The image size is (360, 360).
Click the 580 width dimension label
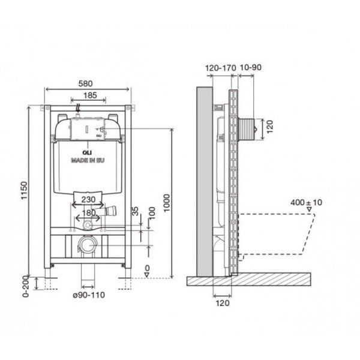tap(85, 83)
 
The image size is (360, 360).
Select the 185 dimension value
tap(90, 95)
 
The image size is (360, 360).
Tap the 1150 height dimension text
tap(24, 191)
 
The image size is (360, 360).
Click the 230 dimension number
tap(88, 199)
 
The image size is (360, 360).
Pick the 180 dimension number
tap(89, 213)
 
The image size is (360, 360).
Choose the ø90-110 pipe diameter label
tap(89, 295)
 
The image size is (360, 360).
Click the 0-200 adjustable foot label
tap(26, 286)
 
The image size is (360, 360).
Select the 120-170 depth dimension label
tap(220, 68)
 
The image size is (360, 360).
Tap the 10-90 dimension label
tap(251, 67)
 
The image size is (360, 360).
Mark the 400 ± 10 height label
tap(306, 203)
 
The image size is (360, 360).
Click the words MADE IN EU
tap(88, 160)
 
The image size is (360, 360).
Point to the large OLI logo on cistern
tap(87, 152)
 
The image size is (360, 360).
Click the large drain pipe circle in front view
tap(88, 245)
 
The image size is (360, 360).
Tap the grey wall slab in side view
tap(204, 182)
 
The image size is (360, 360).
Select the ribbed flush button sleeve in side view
tap(246, 129)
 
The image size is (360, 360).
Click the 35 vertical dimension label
tap(136, 211)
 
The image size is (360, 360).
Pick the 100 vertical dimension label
tap(152, 213)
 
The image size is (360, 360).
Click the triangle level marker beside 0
tap(147, 275)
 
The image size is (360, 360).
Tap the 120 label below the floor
tap(223, 303)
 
